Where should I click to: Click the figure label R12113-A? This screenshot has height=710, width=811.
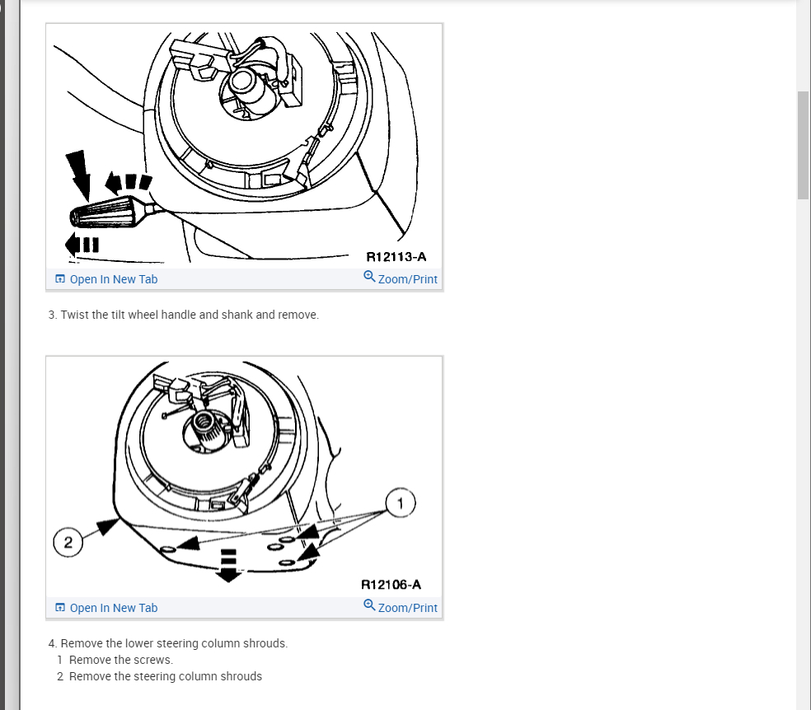click(396, 257)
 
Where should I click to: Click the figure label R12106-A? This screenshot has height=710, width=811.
click(391, 585)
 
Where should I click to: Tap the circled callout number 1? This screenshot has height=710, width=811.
click(401, 502)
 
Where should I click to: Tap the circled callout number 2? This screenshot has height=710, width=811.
click(68, 542)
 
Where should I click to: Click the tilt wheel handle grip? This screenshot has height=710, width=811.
click(105, 213)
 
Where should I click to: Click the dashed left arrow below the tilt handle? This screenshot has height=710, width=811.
click(82, 245)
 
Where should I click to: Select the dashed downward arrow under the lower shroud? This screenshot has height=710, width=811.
click(228, 565)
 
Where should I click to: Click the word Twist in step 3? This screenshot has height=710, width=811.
click(74, 315)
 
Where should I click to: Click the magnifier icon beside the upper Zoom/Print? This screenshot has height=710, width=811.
click(369, 277)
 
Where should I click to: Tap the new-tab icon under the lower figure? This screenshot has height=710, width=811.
click(60, 607)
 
